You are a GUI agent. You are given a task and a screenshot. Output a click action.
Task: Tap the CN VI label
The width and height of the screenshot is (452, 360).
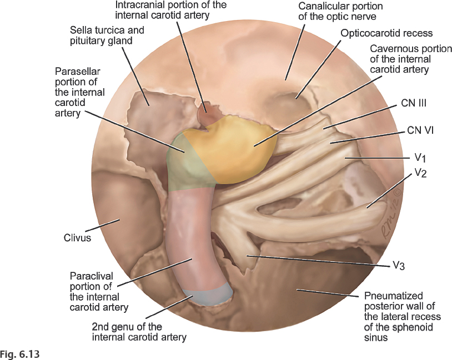420,131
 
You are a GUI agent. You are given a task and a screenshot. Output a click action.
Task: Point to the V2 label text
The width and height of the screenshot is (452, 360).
421,173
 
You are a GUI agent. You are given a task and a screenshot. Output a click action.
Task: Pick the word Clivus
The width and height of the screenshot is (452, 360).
77,238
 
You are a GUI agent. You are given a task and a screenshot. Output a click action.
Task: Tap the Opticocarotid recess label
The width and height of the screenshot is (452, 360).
386,33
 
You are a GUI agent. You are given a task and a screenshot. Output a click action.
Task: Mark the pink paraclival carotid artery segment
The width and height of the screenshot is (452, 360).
191,233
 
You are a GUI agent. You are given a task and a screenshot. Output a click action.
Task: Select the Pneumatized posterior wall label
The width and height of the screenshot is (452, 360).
403,316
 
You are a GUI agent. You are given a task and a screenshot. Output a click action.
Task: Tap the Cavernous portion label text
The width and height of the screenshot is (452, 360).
400,59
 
